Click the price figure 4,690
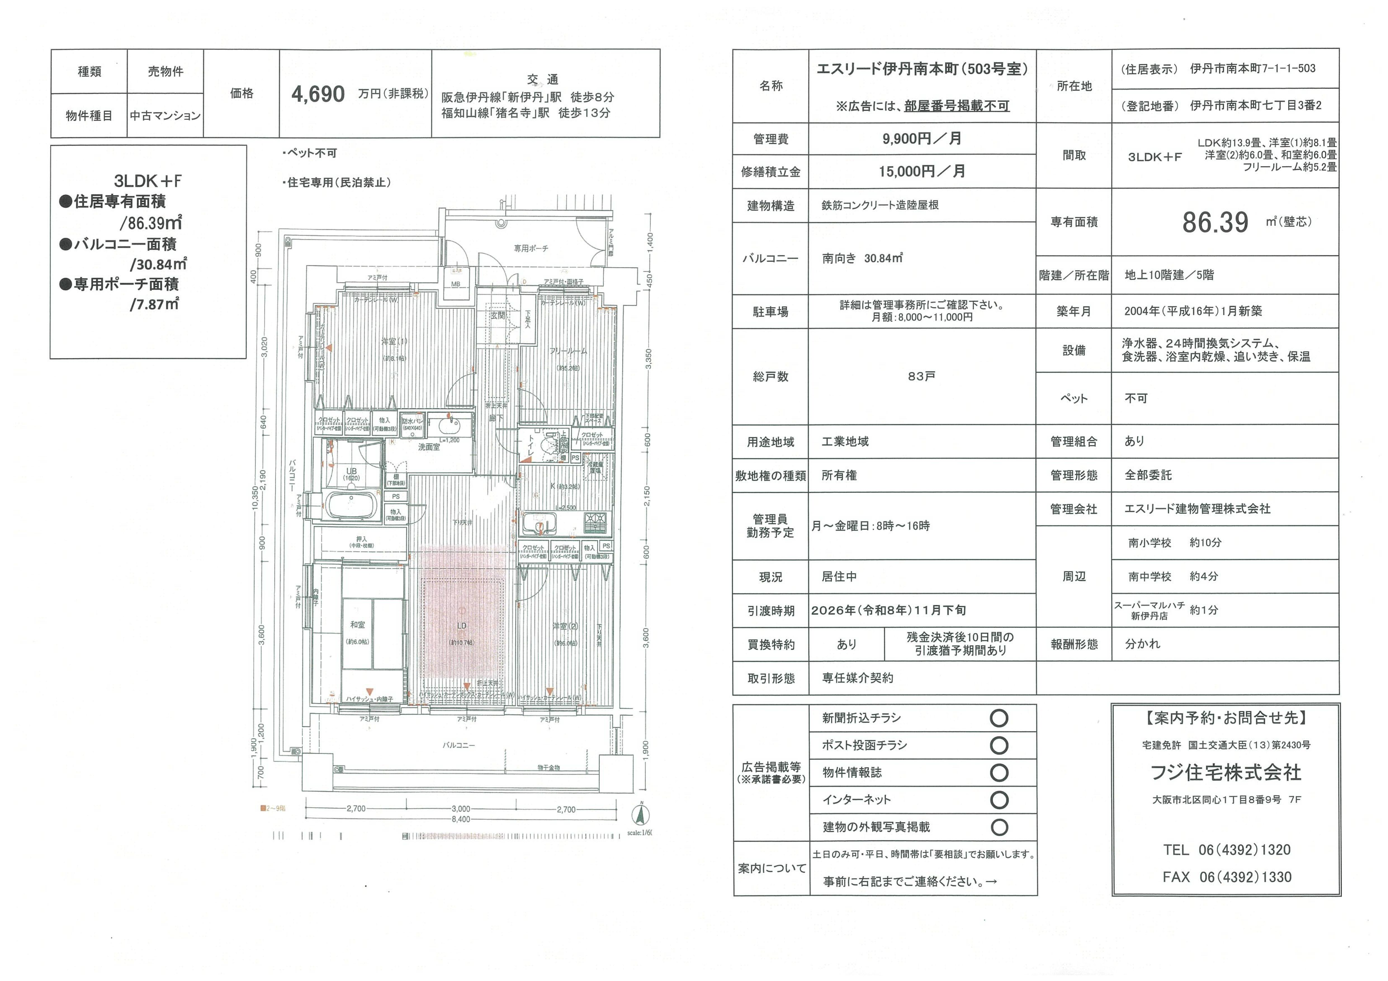318,94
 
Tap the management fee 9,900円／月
921,138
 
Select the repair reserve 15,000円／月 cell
921,172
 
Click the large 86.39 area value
1215,222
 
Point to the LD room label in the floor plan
461,625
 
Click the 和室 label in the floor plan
357,624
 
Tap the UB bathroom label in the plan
351,471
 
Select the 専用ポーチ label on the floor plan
531,248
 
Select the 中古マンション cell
165,115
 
